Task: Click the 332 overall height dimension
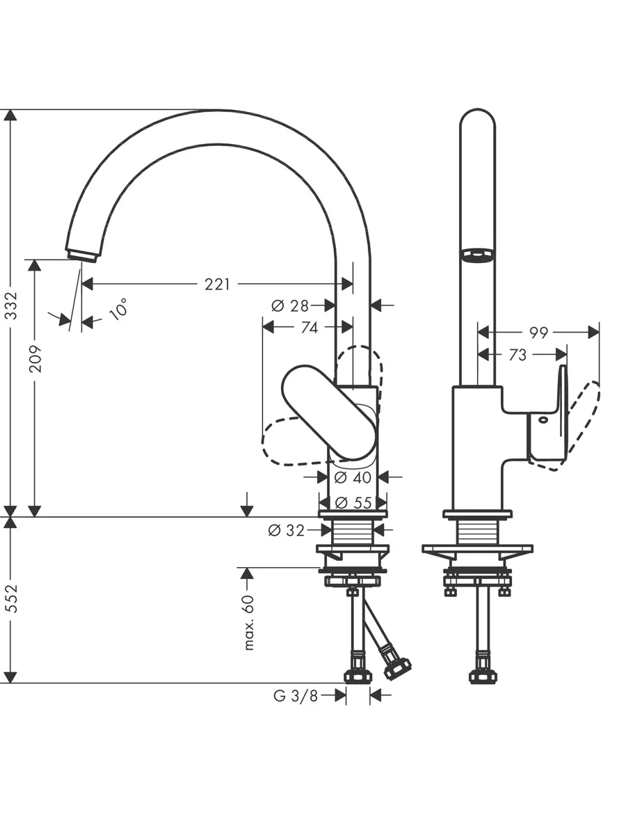point(12,305)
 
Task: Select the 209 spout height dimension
point(35,359)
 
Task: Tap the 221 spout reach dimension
point(218,284)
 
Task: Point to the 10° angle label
point(118,309)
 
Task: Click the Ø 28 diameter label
point(290,305)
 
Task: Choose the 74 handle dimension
point(309,328)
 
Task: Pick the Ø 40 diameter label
point(353,477)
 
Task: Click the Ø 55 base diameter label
point(353,503)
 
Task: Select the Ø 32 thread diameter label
point(286,530)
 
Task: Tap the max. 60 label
point(249,622)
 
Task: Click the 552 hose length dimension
point(12,598)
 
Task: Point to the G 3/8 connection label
point(296,696)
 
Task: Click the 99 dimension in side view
point(538,333)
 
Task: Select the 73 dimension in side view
point(517,356)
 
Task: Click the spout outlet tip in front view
point(82,255)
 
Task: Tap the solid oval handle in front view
point(329,413)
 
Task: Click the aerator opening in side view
point(477,254)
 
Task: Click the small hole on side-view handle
point(543,420)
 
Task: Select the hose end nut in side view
point(483,676)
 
